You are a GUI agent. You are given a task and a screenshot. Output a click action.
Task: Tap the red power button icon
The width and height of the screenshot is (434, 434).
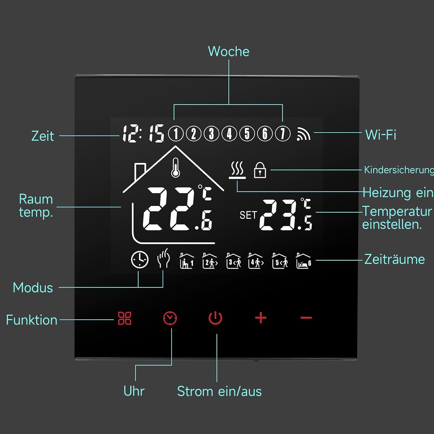click(x=215, y=318)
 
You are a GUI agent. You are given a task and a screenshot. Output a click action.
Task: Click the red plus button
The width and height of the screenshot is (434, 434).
click(x=261, y=318)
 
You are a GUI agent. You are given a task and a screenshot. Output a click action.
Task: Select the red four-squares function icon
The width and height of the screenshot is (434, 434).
click(x=125, y=318)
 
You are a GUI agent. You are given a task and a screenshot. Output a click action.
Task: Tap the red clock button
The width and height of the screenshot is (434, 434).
click(x=170, y=318)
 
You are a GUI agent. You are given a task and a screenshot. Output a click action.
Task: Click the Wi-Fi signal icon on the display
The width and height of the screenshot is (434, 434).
click(x=303, y=134)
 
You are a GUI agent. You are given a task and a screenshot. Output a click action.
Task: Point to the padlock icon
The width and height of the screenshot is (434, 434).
click(x=260, y=170)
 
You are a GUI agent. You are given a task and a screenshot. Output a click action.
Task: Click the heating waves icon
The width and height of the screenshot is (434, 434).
click(x=237, y=170)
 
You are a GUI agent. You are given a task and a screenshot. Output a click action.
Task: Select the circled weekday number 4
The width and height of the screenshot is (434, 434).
click(x=229, y=134)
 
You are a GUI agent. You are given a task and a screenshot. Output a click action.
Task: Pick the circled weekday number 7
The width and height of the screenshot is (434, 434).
click(x=283, y=134)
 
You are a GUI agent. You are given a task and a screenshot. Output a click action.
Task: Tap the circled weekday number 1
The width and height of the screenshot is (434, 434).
click(x=176, y=134)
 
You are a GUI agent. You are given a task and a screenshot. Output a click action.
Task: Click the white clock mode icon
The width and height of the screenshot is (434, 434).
click(x=140, y=260)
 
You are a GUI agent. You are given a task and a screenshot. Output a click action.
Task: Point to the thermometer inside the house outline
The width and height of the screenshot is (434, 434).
click(x=175, y=168)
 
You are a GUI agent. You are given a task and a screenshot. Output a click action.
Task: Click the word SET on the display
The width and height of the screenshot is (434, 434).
click(x=248, y=215)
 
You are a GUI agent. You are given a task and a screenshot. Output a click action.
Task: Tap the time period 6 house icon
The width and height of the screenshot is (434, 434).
click(x=304, y=261)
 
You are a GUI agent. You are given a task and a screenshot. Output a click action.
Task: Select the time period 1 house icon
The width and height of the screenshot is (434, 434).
click(x=187, y=261)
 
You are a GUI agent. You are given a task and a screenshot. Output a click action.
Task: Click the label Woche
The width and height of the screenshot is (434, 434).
click(x=229, y=52)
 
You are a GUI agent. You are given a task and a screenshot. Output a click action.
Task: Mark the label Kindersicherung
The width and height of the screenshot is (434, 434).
click(x=399, y=170)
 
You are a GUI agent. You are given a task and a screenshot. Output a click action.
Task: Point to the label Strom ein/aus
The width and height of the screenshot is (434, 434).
click(x=219, y=391)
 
